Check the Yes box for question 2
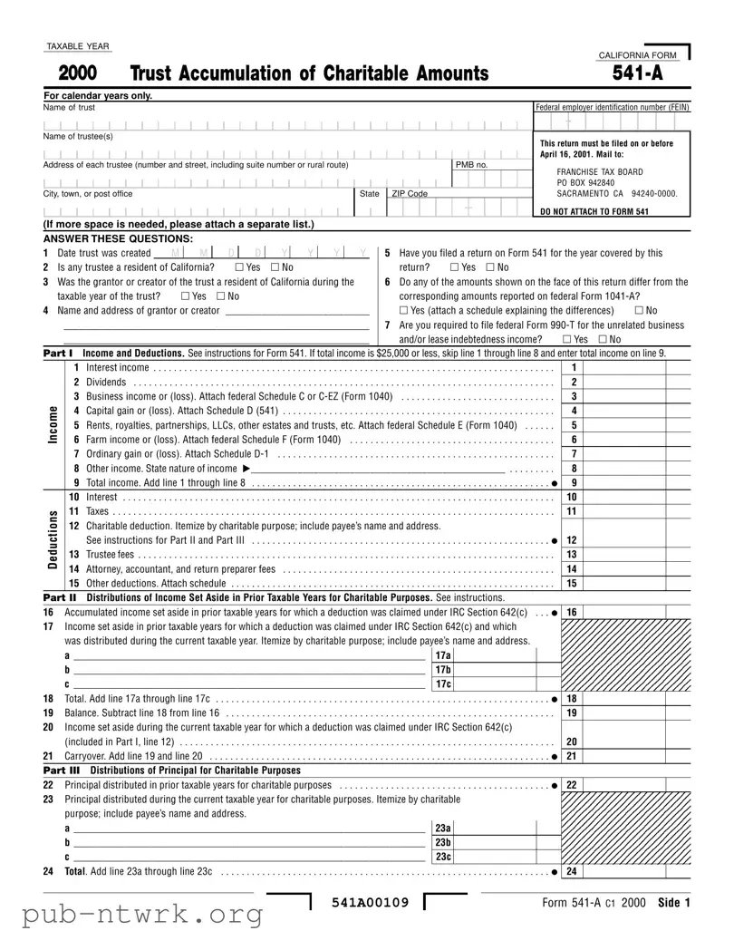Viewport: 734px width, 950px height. pos(238,267)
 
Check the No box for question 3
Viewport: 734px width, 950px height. pos(222,296)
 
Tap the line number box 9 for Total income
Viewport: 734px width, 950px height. pos(572,483)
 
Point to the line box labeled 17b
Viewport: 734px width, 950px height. pos(442,669)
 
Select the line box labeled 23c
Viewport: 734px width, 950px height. pos(442,858)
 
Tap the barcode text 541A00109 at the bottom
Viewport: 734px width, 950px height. pos(370,903)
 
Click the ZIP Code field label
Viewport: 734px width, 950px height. pos(409,194)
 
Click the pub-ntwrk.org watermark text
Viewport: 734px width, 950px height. pos(132,916)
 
